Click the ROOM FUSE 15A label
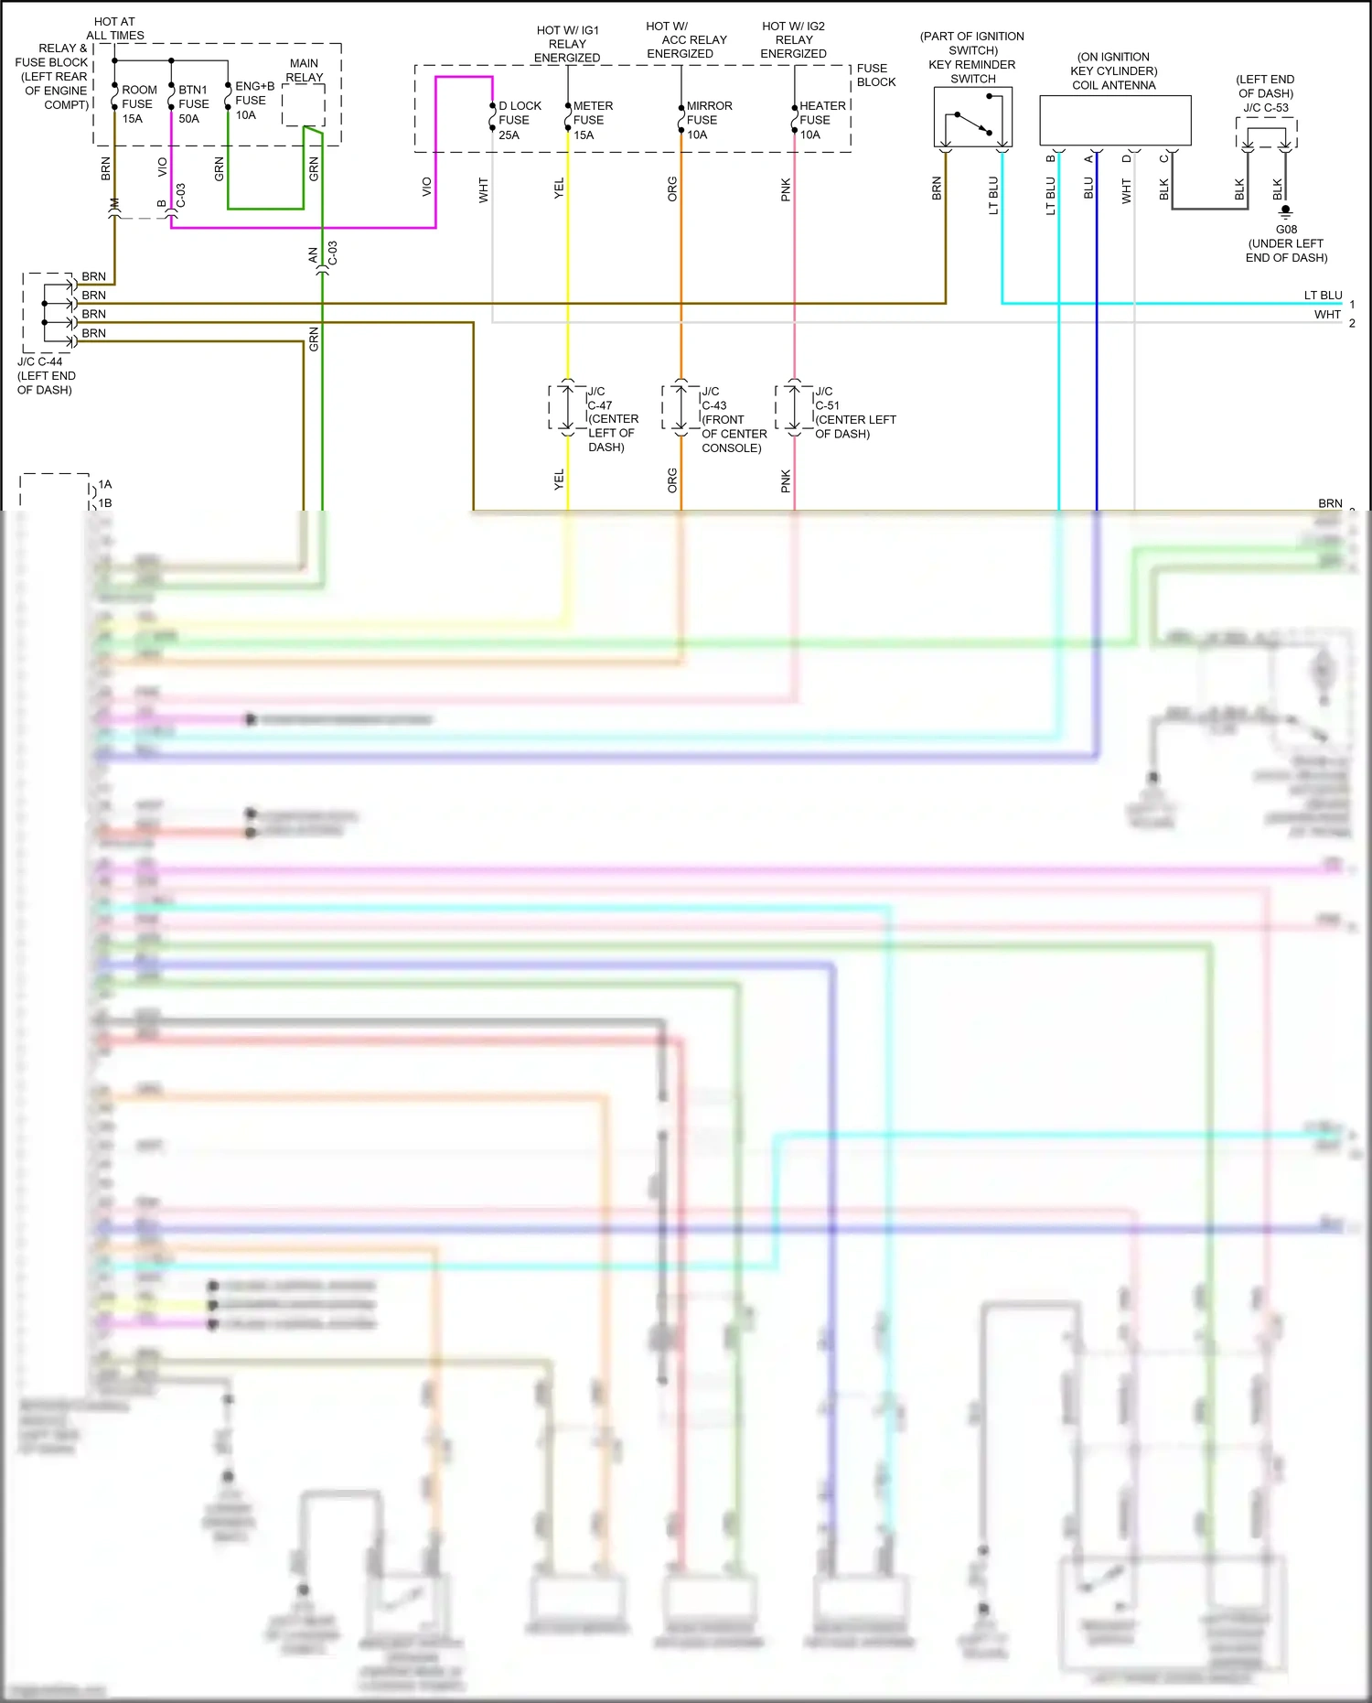(138, 104)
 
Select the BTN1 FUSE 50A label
(193, 104)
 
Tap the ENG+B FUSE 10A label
(253, 101)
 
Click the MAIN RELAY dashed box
(304, 106)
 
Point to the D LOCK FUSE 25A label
(519, 120)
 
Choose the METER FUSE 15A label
(592, 120)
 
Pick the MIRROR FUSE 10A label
(708, 120)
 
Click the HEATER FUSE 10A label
(821, 120)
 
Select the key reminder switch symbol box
(972, 117)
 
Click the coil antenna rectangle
(1115, 120)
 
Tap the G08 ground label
(1286, 230)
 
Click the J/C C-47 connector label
(611, 419)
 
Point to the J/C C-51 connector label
(853, 413)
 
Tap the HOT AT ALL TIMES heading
(115, 28)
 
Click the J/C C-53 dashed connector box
(1266, 135)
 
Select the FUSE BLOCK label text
(875, 75)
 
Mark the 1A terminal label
(105, 484)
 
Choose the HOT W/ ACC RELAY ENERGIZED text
(686, 40)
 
